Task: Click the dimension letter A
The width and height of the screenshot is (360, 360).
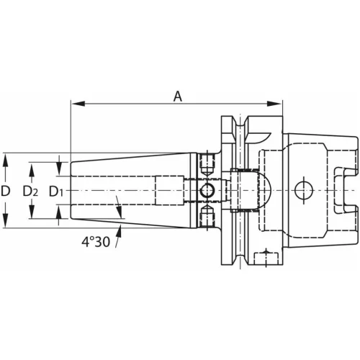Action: [x=177, y=95]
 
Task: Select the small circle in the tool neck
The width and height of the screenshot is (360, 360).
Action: [x=207, y=190]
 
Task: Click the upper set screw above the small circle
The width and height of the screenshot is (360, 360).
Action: [x=207, y=163]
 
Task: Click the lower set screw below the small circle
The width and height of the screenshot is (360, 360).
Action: [x=207, y=215]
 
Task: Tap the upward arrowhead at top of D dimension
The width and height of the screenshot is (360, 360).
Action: [x=6, y=156]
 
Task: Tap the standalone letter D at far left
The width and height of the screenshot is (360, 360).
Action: [x=6, y=191]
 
